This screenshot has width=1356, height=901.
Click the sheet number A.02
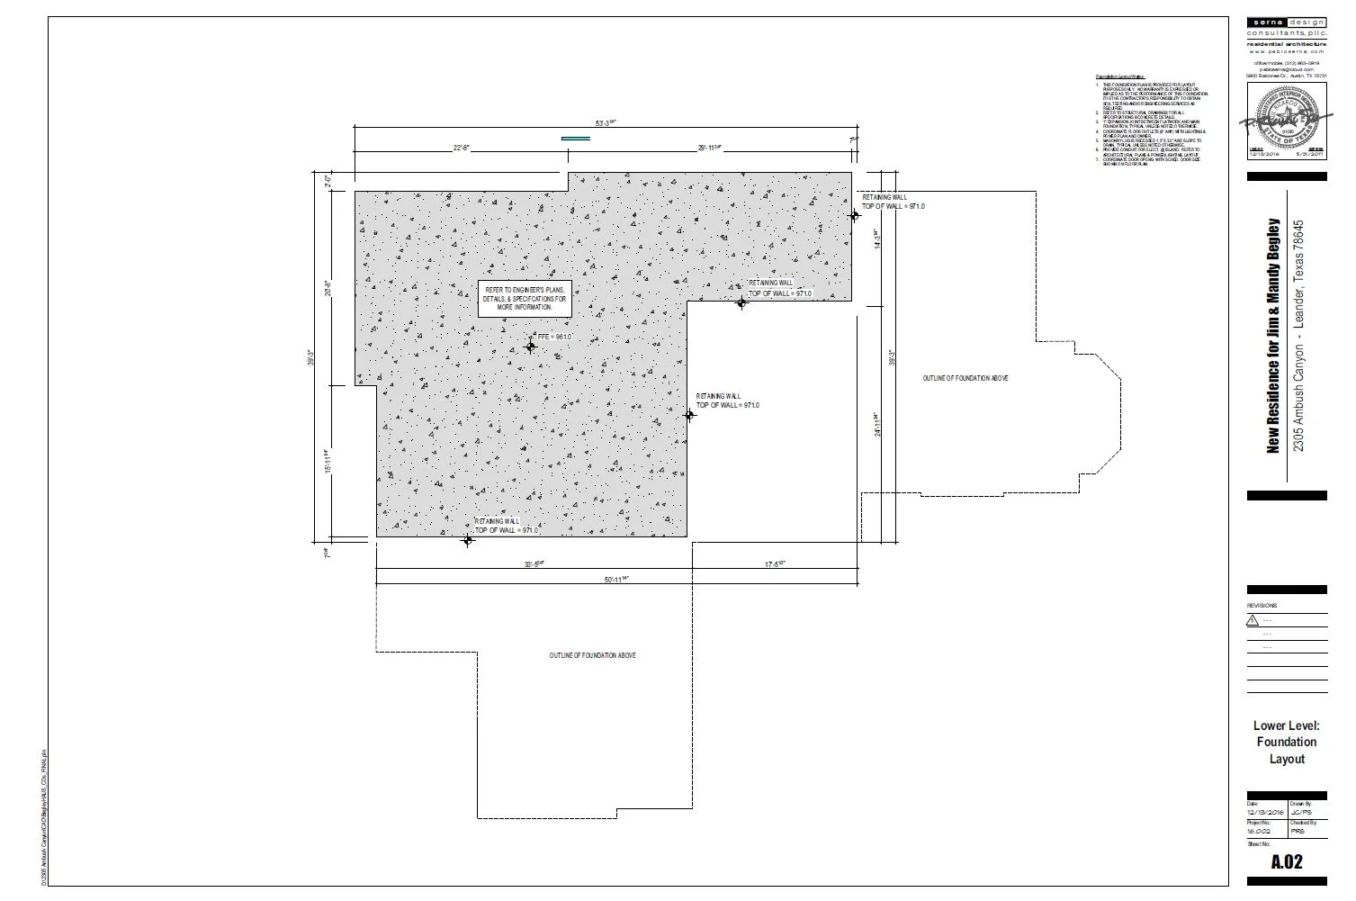(x=1287, y=862)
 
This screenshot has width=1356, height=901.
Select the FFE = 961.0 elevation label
(x=554, y=337)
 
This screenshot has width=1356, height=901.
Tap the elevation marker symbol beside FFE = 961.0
(x=531, y=347)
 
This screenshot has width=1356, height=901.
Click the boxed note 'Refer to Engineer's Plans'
(x=525, y=299)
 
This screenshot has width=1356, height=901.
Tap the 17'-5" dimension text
(x=776, y=564)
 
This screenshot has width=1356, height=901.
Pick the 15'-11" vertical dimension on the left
(x=328, y=462)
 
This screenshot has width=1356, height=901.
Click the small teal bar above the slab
(x=576, y=139)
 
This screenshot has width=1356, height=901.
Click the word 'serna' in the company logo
(x=1267, y=22)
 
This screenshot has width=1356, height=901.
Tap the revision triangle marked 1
(x=1253, y=620)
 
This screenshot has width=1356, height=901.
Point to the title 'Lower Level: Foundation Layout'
(x=1287, y=742)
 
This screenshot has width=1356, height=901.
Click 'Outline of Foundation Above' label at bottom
(x=593, y=655)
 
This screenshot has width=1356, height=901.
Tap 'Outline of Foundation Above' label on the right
(x=965, y=378)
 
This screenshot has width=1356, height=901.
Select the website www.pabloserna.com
(x=1287, y=51)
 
